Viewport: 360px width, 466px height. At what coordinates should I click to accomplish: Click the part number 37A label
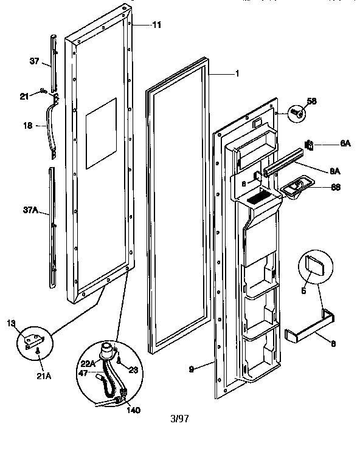(x=30, y=211)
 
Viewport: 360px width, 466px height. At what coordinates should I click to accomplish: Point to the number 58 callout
(x=311, y=101)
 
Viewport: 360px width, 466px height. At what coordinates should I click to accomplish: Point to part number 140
(x=133, y=409)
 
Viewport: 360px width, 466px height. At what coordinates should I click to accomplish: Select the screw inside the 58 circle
(x=297, y=112)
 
